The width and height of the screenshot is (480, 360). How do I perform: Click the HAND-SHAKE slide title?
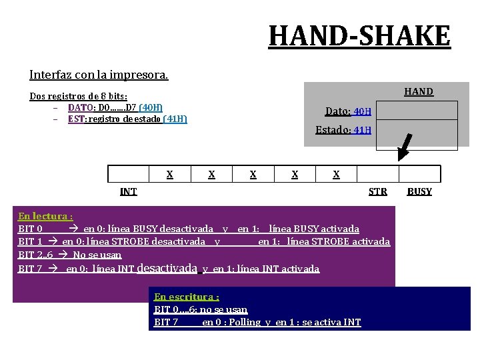[359, 35]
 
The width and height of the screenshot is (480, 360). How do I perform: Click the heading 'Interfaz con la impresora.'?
[99, 75]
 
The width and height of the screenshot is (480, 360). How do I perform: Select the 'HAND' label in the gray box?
[419, 91]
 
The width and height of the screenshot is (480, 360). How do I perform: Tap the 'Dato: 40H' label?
[348, 111]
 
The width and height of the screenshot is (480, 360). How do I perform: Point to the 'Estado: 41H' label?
[343, 129]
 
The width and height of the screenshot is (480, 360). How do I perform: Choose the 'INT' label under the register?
[128, 191]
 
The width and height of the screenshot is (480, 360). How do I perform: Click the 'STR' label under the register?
[378, 191]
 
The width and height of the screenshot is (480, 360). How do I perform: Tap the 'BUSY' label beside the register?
[419, 191]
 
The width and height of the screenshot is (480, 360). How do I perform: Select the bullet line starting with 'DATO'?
[115, 107]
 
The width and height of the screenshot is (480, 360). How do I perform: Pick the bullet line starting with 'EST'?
[127, 119]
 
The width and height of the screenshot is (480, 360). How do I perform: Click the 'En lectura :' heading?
[45, 216]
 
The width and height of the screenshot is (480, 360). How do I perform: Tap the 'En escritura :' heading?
[187, 297]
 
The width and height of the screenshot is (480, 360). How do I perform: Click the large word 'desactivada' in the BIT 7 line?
[167, 268]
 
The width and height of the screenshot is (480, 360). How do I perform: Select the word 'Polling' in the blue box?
[245, 322]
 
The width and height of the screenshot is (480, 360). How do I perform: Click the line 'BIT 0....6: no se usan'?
[201, 309]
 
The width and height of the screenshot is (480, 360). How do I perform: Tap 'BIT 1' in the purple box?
[31, 241]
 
